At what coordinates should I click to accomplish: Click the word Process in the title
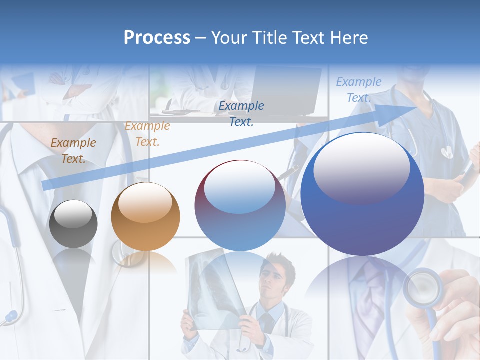(x=157, y=37)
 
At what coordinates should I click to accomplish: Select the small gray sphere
(x=73, y=223)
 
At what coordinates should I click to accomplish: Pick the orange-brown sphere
(x=145, y=216)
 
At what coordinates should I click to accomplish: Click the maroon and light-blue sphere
(x=240, y=205)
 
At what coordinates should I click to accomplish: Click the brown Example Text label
(x=73, y=151)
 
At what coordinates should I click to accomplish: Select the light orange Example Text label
(x=147, y=134)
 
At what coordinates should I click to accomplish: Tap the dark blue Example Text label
(x=241, y=113)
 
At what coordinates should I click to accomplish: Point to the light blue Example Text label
(x=359, y=90)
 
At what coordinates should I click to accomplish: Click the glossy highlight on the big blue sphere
(x=361, y=167)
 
